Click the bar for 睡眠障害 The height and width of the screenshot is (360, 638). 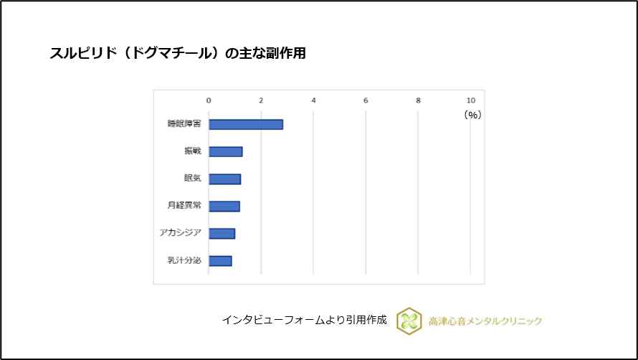pyautogui.click(x=245, y=124)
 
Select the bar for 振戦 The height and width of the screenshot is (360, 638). pyautogui.click(x=225, y=151)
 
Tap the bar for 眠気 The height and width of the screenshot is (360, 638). pyautogui.click(x=224, y=179)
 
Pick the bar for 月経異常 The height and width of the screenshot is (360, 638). pyautogui.click(x=224, y=207)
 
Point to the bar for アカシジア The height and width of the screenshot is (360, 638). pyautogui.click(x=222, y=234)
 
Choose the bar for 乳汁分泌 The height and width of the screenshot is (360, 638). pyautogui.click(x=220, y=261)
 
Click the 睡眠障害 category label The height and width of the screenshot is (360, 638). pyautogui.click(x=184, y=124)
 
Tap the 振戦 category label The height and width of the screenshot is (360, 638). pyautogui.click(x=192, y=151)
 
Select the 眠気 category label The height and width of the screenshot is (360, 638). pyautogui.click(x=192, y=179)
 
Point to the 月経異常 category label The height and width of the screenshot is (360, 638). pyautogui.click(x=184, y=207)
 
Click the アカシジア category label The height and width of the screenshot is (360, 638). pyautogui.click(x=181, y=234)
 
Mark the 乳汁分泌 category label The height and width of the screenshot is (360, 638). pyautogui.click(x=184, y=261)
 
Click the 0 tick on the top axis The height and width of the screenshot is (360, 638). pyautogui.click(x=209, y=100)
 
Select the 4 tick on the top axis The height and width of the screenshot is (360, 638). pyautogui.click(x=313, y=100)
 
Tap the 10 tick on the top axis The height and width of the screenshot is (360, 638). pyautogui.click(x=470, y=100)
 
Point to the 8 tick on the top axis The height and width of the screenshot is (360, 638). pyautogui.click(x=418, y=100)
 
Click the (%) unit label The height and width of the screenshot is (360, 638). pyautogui.click(x=472, y=114)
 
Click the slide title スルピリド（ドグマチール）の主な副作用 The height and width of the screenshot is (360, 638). pyautogui.click(x=178, y=54)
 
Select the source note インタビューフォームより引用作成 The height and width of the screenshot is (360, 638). pyautogui.click(x=305, y=320)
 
